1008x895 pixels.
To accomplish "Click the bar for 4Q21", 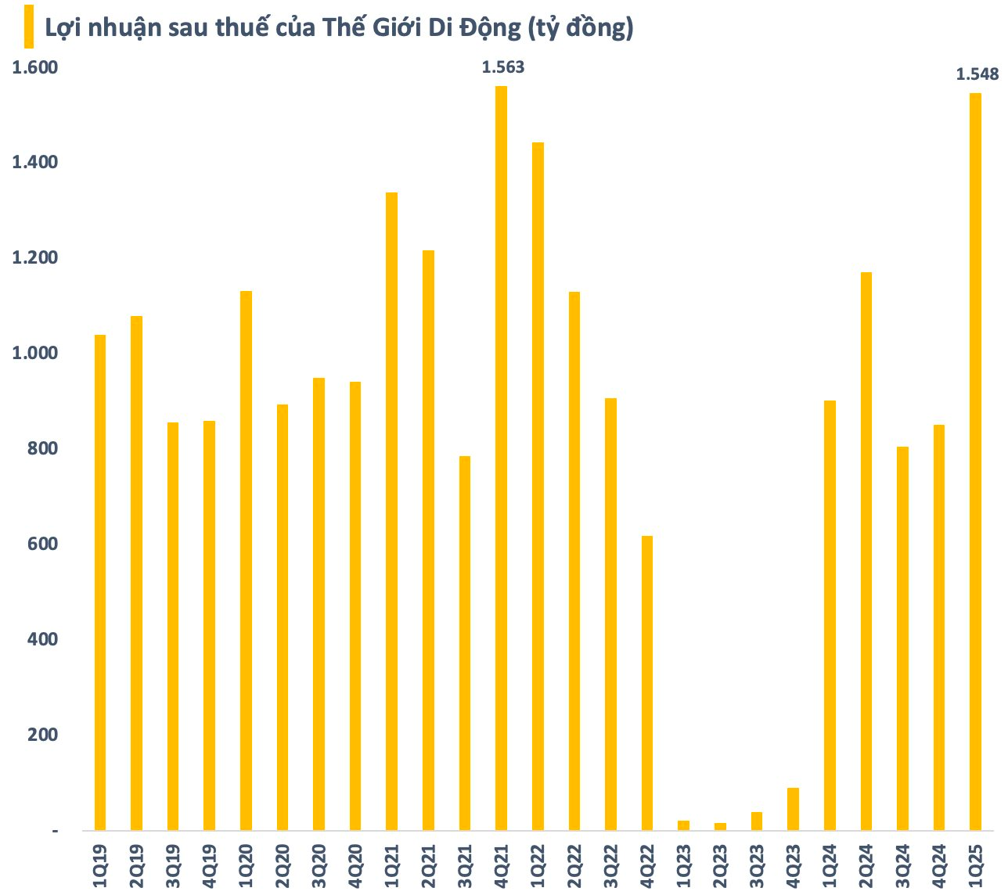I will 501,458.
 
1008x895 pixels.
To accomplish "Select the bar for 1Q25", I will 975,462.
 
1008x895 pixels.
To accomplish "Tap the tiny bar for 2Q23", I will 720,826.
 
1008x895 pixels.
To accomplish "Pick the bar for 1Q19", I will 100,582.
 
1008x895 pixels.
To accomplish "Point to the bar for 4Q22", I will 646,682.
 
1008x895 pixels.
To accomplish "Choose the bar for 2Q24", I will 866,551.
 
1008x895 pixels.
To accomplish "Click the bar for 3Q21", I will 465,642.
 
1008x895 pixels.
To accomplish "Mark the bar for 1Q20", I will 246,560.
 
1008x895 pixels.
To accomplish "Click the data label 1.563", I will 502,67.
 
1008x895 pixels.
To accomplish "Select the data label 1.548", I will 977,74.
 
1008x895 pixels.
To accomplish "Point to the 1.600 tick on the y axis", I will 35,67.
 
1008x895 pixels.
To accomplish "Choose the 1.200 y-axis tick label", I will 35,257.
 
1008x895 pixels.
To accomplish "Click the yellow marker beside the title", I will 28,27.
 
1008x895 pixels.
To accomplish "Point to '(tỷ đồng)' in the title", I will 580,28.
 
